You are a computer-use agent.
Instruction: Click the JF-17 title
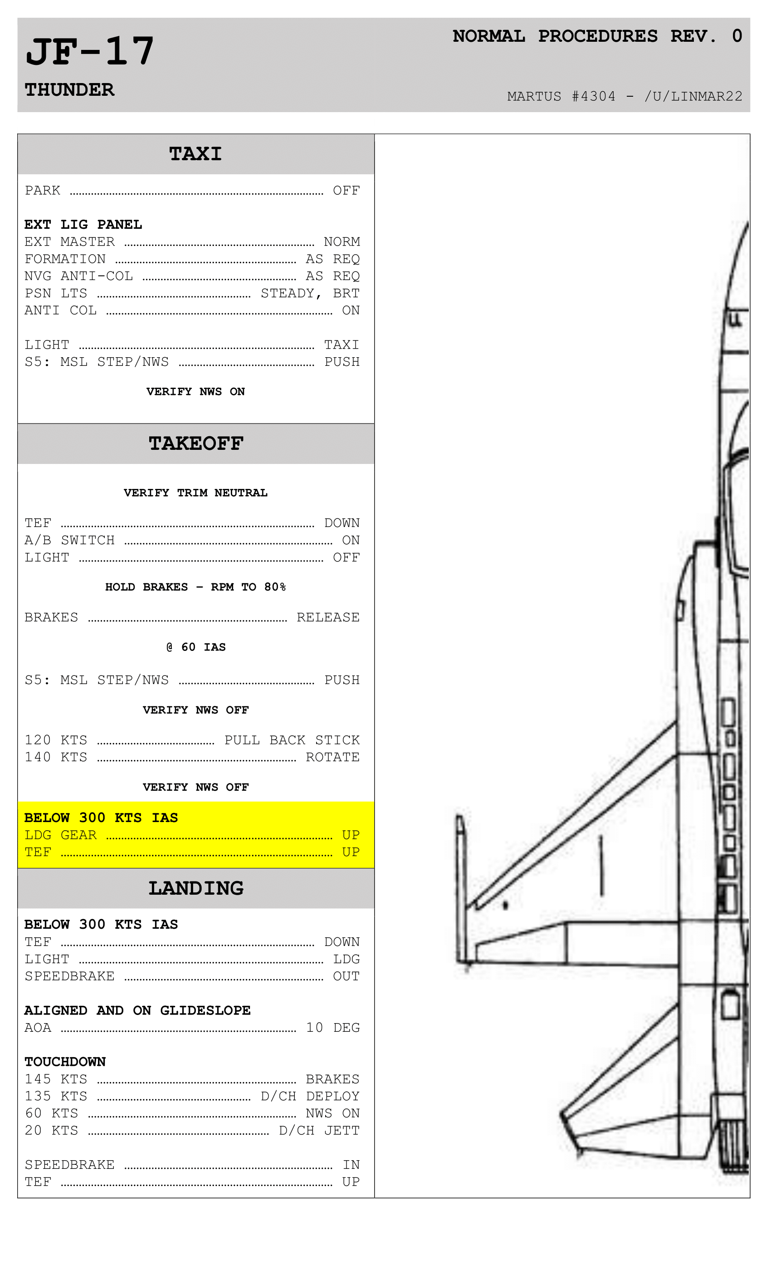pos(90,52)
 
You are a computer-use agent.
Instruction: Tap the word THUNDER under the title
pos(69,90)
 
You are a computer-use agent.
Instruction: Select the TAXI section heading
pos(195,154)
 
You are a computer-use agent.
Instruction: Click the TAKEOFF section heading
pos(196,443)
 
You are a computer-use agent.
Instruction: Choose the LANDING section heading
pos(196,888)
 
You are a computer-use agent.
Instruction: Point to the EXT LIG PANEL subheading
pos(83,224)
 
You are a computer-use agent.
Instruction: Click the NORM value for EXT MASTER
pos(342,242)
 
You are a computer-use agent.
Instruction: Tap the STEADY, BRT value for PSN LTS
pos(310,294)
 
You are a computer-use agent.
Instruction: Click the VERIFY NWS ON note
pos(195,391)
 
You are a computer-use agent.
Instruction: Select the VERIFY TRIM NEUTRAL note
pos(195,493)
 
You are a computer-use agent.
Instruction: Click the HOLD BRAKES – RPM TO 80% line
pos(195,587)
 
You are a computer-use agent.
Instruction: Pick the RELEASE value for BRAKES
pos(328,617)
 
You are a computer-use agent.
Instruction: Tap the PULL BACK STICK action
pos(292,740)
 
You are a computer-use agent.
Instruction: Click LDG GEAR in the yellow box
pos(61,835)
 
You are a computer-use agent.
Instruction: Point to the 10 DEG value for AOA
pos(332,1028)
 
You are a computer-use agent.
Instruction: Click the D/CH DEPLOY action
pos(310,1096)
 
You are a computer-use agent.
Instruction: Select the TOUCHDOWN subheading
pos(65,1062)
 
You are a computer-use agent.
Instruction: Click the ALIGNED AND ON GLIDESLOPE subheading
pos(137,1010)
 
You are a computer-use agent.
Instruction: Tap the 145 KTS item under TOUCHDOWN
pos(56,1079)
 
